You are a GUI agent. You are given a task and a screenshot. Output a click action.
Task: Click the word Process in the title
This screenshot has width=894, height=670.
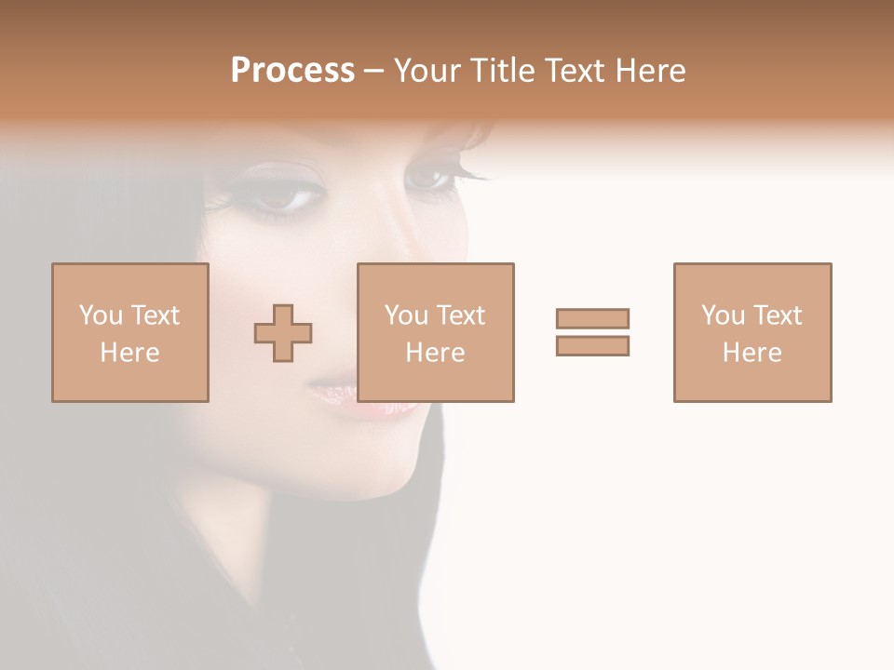[x=292, y=71]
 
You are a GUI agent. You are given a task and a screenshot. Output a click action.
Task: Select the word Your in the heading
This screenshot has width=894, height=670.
[x=428, y=71]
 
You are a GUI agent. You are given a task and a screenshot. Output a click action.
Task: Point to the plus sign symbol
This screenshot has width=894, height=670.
[x=283, y=333]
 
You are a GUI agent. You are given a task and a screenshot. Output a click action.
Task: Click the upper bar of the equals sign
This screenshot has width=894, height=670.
[x=592, y=318]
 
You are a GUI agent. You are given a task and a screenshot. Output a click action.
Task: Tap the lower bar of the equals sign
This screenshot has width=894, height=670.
[x=592, y=345]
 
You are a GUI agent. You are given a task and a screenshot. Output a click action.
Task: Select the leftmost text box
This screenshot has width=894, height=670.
[x=129, y=332]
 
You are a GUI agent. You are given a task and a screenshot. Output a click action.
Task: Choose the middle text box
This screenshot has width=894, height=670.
[x=435, y=332]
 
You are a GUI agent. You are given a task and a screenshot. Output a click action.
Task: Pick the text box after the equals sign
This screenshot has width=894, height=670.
[x=752, y=332]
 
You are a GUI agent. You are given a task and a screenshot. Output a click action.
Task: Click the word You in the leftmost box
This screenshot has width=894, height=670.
[x=101, y=315]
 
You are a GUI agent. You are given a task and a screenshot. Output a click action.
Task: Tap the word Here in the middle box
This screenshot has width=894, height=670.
[x=435, y=353]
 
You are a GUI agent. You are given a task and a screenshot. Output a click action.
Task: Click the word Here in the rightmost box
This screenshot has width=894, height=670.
[x=752, y=353]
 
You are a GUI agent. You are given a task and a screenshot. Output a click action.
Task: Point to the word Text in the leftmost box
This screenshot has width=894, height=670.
[x=155, y=315]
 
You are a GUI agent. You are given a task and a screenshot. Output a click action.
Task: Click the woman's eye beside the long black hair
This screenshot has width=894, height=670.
[x=283, y=196]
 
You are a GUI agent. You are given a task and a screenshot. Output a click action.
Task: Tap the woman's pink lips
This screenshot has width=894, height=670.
[x=359, y=396]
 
